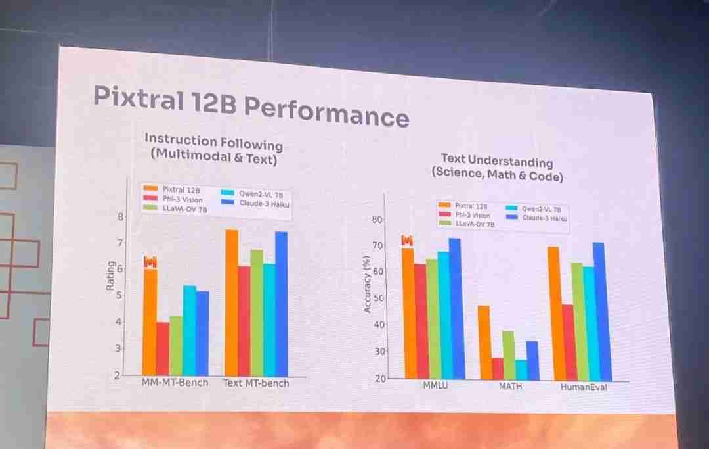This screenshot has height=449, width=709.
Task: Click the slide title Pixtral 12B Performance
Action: tap(250, 106)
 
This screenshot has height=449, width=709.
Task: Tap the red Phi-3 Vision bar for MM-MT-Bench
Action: tap(163, 348)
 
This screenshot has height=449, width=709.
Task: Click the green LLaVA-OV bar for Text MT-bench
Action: tap(256, 313)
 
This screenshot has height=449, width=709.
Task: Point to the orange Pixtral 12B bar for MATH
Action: tap(484, 342)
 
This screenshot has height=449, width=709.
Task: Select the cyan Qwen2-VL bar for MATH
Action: tap(521, 369)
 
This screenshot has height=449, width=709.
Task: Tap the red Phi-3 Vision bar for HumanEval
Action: tap(568, 342)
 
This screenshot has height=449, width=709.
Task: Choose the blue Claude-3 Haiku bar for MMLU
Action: tap(455, 308)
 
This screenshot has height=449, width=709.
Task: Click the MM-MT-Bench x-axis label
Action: tap(175, 382)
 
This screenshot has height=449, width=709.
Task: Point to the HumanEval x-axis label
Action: tap(584, 387)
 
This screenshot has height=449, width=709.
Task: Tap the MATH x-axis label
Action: tap(510, 386)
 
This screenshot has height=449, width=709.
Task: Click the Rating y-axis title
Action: tap(110, 276)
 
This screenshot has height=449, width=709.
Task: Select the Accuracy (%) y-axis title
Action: tap(368, 284)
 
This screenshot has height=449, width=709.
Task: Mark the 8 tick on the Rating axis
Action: tap(120, 216)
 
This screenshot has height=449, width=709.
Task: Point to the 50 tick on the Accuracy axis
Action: tap(377, 298)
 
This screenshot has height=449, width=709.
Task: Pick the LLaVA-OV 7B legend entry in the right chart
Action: tap(466, 224)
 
